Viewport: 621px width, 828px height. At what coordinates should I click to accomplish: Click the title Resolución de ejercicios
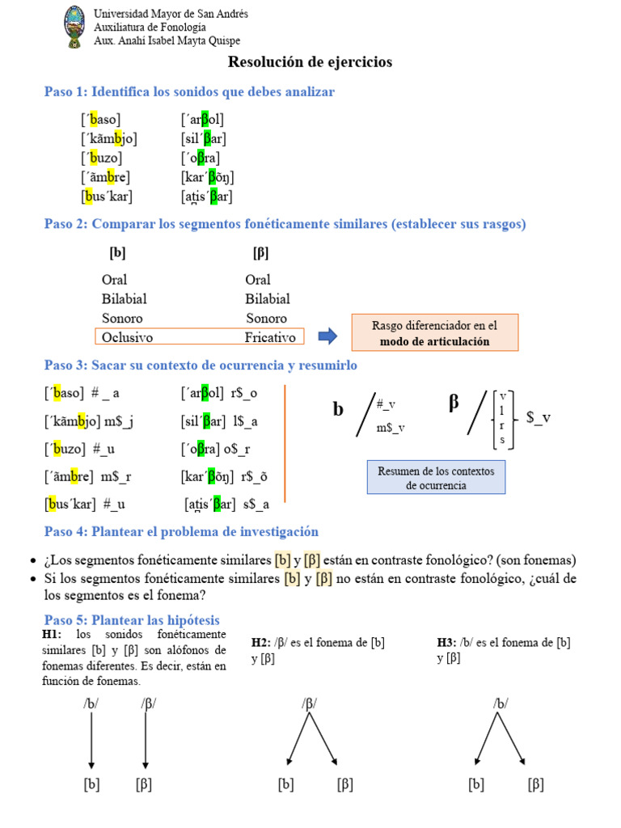coord(310,62)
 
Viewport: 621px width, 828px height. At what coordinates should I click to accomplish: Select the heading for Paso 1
coord(189,92)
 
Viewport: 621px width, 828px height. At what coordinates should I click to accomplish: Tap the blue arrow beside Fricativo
coord(327,336)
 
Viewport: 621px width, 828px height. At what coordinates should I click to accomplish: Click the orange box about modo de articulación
coord(434,333)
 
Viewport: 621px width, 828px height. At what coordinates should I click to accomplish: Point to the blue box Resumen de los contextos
coord(436,478)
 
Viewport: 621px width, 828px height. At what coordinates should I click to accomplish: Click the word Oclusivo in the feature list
coord(128,337)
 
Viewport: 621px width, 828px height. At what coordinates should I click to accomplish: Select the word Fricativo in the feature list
coord(270,337)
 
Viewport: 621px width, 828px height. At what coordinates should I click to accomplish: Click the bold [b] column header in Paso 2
coord(117,253)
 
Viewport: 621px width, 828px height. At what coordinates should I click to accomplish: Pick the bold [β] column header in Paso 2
coord(260,253)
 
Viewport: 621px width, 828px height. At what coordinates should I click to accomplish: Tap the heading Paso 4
coord(181,531)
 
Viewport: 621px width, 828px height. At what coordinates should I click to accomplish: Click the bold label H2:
coord(260,643)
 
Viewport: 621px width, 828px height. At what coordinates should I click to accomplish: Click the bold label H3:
coord(446,643)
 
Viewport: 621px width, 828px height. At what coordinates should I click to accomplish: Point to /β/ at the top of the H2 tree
coord(309,703)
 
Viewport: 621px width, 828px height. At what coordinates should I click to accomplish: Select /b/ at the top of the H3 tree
coord(501,703)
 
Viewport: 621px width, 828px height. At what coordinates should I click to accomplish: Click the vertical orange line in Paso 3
coord(285,443)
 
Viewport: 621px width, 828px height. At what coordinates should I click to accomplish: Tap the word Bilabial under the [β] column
coord(267,299)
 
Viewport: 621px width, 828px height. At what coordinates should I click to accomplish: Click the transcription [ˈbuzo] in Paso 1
coord(101,158)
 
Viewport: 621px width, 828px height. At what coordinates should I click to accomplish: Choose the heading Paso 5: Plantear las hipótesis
coord(132,619)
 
